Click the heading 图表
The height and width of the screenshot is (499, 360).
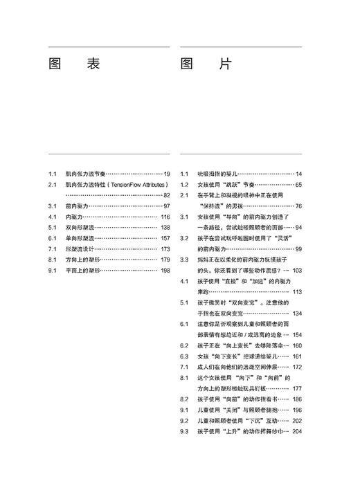coord(75,64)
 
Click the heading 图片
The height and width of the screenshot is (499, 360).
coord(206,64)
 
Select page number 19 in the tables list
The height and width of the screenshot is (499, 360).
coord(166,174)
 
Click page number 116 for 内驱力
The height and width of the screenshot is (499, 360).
coord(165,217)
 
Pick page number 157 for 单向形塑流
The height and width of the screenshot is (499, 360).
coord(165,238)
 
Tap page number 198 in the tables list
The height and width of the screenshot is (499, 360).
coord(165,271)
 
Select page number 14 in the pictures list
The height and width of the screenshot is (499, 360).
coord(298,174)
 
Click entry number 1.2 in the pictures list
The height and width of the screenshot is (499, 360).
coord(184,185)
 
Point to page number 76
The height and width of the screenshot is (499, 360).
coord(298,206)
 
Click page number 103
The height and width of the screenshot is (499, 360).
coord(297,271)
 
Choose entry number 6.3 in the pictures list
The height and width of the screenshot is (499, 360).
coord(184,356)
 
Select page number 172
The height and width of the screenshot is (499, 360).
coord(297,367)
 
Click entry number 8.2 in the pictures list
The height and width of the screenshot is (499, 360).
coord(184,399)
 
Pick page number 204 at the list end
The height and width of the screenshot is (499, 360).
coord(297,432)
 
